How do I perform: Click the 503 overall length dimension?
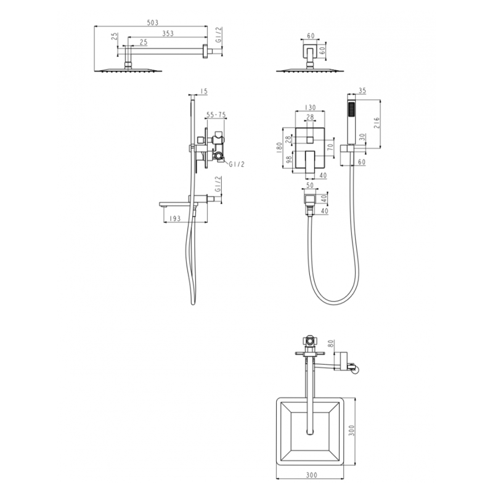(x=150, y=23)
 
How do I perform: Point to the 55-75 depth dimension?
(x=215, y=115)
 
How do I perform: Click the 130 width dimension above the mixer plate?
(x=310, y=107)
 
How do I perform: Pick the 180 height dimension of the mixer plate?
(x=279, y=147)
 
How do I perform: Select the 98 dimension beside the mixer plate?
(x=288, y=160)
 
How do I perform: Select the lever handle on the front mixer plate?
(x=309, y=162)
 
